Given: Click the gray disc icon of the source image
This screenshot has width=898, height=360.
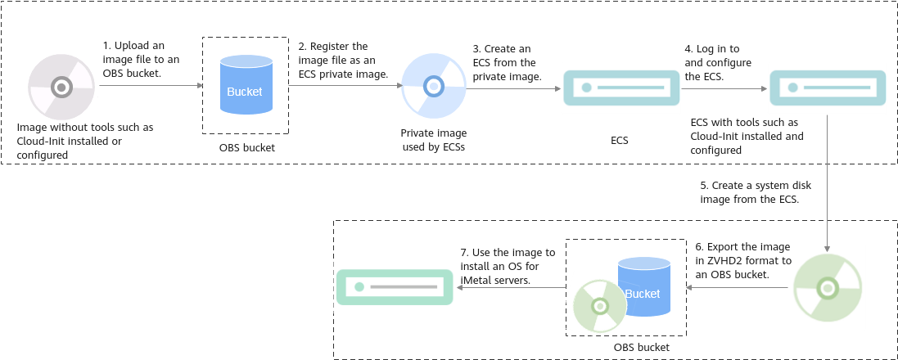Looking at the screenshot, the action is (x=61, y=87).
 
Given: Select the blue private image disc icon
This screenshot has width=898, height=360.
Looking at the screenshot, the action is (x=434, y=87).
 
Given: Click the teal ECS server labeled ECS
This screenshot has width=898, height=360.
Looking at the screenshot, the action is (x=621, y=88).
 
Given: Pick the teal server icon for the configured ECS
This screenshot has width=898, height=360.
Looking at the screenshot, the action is (x=828, y=88).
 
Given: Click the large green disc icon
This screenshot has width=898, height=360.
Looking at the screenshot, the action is (x=828, y=288).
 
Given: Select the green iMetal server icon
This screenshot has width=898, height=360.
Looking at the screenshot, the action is (x=395, y=286).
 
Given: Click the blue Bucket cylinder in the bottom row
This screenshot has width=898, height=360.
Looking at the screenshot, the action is (x=643, y=286).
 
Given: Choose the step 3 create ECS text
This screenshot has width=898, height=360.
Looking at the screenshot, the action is (x=507, y=63).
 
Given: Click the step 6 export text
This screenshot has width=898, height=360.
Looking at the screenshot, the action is (x=743, y=261).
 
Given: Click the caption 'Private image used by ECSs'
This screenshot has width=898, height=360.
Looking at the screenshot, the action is (x=434, y=140).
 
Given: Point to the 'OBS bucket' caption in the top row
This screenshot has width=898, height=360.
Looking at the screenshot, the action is (x=247, y=147).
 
